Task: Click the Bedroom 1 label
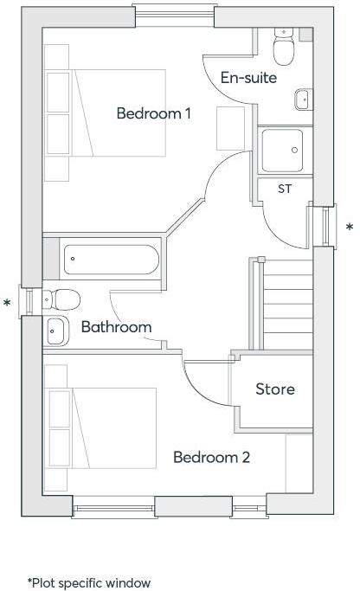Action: coord(154,113)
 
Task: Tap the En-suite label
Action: coord(248,78)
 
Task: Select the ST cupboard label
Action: coord(285,189)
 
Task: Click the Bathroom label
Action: coord(116,327)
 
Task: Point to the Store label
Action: coord(274,389)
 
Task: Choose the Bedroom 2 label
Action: coord(211,457)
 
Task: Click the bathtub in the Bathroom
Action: coord(110,258)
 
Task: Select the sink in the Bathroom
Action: coord(56,330)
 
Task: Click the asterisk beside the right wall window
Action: coord(350,228)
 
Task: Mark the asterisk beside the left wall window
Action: coord(8,304)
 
